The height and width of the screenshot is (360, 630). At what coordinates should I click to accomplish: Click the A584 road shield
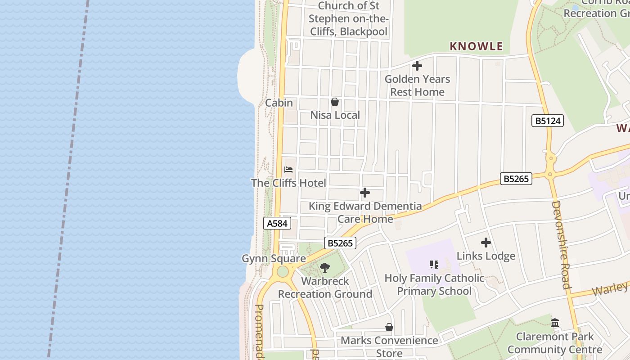click(277, 223)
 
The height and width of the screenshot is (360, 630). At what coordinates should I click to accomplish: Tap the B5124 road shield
click(547, 121)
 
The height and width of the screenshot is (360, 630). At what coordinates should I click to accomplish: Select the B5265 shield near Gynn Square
click(340, 243)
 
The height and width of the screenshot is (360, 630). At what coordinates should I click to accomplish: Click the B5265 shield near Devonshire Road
click(516, 179)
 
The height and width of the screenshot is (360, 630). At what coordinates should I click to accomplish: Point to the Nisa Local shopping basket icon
click(335, 102)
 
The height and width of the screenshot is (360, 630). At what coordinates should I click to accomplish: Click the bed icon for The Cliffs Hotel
click(288, 170)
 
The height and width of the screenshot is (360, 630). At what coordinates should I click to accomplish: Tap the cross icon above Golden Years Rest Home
click(417, 66)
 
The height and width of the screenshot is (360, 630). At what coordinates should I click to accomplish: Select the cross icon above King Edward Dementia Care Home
click(365, 193)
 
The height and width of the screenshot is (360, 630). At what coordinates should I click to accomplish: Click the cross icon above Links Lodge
click(486, 243)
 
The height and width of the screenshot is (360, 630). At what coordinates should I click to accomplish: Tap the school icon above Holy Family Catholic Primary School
click(434, 265)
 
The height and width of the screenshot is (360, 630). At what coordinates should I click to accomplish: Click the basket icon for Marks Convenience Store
click(389, 327)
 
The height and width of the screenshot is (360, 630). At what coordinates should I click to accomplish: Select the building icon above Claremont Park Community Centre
click(555, 323)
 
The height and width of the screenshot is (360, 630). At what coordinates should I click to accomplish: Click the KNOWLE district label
click(476, 46)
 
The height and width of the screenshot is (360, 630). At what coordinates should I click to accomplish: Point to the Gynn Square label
click(274, 259)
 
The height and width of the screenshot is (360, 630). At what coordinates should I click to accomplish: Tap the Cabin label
click(279, 103)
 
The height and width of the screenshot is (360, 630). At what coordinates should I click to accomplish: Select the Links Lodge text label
click(486, 256)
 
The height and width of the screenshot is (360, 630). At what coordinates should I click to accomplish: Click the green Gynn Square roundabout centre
click(283, 272)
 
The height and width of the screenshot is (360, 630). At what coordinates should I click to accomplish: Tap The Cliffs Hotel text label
click(288, 183)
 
